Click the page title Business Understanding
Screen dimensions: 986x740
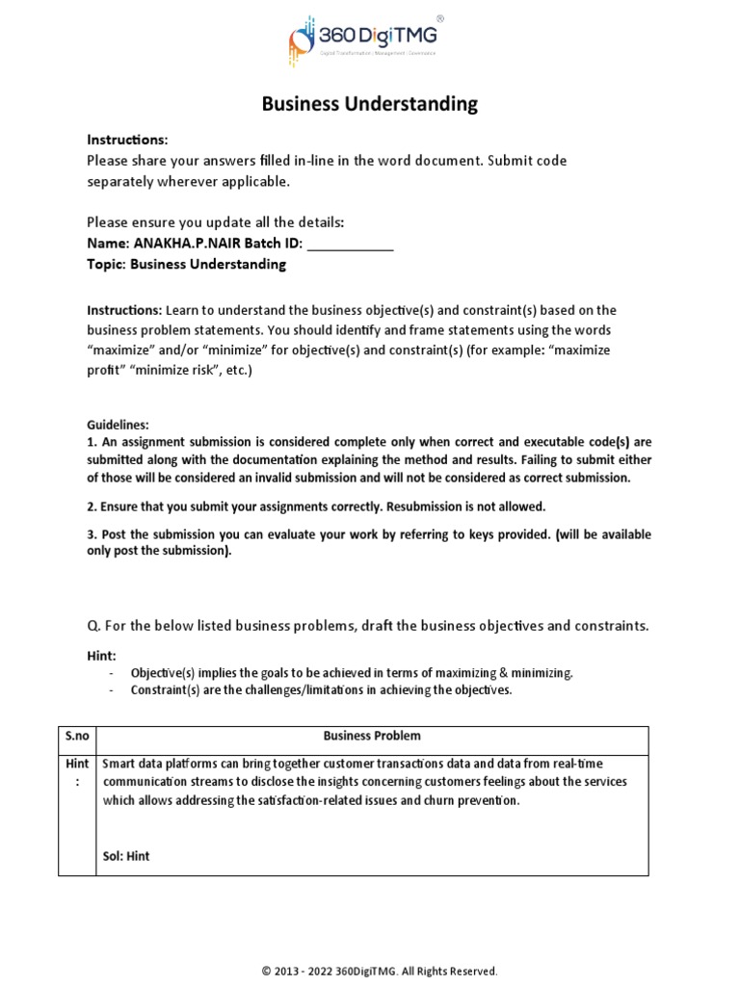click(x=369, y=104)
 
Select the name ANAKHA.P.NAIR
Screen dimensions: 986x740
click(x=177, y=244)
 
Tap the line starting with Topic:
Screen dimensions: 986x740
click(x=186, y=264)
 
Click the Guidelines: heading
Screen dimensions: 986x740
click(x=118, y=424)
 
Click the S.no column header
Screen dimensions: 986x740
click(x=77, y=736)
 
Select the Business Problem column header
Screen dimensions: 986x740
click(x=372, y=736)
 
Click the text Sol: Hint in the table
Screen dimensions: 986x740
click(x=126, y=855)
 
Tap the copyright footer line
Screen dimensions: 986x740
click(x=380, y=971)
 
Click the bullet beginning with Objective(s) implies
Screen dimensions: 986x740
click(x=352, y=673)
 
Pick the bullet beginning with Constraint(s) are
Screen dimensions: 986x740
click(x=321, y=689)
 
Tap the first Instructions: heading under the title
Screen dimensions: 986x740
click(x=127, y=139)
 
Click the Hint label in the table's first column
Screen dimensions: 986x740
click(x=77, y=770)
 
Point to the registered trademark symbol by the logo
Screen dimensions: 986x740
click(x=440, y=17)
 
